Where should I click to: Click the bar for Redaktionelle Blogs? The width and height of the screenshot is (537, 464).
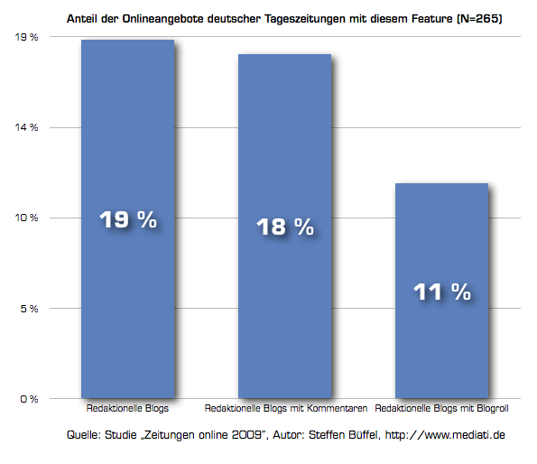pos(128,218)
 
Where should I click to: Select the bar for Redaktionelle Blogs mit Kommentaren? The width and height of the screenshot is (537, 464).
pos(284,226)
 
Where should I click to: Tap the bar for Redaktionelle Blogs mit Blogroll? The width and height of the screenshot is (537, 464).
pos(442,291)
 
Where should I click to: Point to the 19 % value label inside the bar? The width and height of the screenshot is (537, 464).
pos(128,219)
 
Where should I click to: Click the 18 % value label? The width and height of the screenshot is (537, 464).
pos(285,227)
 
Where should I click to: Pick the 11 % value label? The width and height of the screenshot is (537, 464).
pos(442,292)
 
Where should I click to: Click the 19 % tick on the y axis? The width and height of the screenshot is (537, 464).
pos(26,37)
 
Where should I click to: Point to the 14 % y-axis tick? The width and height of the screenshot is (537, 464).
pos(26,127)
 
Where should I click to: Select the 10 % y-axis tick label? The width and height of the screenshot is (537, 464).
pos(26,218)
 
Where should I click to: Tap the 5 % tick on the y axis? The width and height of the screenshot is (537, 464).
pos(29,309)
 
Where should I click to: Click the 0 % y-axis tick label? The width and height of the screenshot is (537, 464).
pos(29,399)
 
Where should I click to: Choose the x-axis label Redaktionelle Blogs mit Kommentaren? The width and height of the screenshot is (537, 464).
pos(285,408)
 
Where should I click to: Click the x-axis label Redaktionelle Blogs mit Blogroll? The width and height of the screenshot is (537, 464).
pos(441,408)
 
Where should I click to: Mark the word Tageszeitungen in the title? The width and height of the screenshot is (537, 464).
pos(305,19)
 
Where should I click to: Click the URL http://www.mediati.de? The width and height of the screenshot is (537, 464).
pos(445,434)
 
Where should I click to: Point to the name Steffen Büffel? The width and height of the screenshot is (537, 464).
pos(345,434)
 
